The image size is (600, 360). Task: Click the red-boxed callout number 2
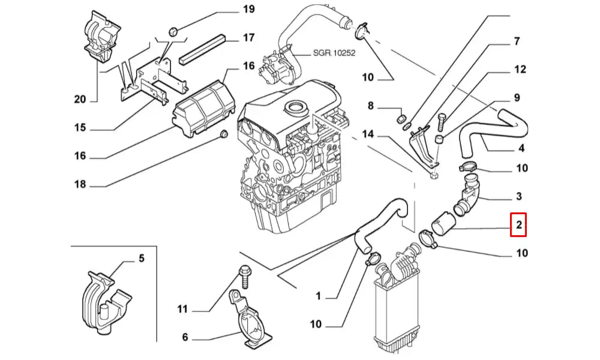(518, 226)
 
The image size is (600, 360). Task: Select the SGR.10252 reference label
(334, 53)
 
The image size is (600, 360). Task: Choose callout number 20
(80, 100)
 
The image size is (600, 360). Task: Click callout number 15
(80, 128)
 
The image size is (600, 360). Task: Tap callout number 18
(80, 184)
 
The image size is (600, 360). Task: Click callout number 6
(185, 337)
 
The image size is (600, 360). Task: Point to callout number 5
(142, 259)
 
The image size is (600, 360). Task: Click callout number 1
(319, 295)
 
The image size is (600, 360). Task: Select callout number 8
(370, 106)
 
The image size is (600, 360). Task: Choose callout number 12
(520, 70)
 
